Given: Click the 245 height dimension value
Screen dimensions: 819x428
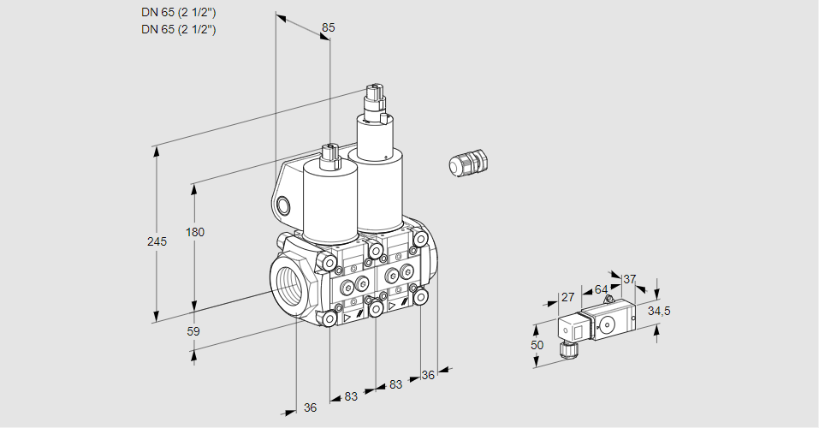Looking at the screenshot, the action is [157, 241].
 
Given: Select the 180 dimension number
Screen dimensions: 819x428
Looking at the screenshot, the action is [195, 232].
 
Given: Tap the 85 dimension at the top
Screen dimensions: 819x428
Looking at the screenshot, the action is [328, 27].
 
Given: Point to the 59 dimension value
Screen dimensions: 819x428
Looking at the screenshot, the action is [193, 331].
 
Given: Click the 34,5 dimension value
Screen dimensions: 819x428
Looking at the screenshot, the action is [659, 311].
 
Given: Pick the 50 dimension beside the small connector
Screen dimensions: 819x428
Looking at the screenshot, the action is [537, 345].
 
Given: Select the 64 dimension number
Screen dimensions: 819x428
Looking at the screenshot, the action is [601, 289].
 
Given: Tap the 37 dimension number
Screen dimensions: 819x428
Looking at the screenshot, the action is [629, 279].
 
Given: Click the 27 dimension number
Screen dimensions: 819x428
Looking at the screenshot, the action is [567, 297].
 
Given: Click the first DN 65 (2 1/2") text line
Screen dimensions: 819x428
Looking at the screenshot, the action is [179, 12].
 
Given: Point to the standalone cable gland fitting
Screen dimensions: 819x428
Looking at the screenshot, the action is [468, 163].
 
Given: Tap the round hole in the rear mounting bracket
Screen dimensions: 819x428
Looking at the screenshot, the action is [283, 205].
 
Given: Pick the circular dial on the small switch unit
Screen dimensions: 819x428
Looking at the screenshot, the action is [607, 325].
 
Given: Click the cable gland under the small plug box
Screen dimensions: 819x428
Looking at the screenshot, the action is [567, 349].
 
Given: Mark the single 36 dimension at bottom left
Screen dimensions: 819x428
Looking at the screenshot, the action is [311, 407].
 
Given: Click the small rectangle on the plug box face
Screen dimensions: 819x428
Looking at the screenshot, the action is [578, 331].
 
